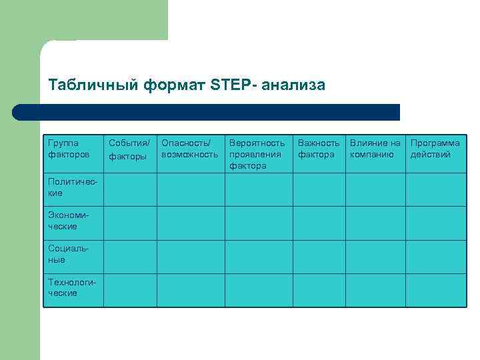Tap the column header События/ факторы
pyautogui.click(x=129, y=149)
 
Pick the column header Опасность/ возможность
pyautogui.click(x=190, y=149)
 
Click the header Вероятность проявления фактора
pyautogui.click(x=257, y=154)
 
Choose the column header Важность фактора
pyautogui.click(x=318, y=149)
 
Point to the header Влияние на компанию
pyautogui.click(x=375, y=149)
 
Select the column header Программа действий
pyautogui.click(x=435, y=149)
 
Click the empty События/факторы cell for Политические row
pyautogui.click(x=130, y=189)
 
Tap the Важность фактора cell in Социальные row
pyautogui.click(x=319, y=256)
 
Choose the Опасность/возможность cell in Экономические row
pyautogui.click(x=191, y=223)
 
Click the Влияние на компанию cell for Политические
pyautogui.click(x=375, y=189)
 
